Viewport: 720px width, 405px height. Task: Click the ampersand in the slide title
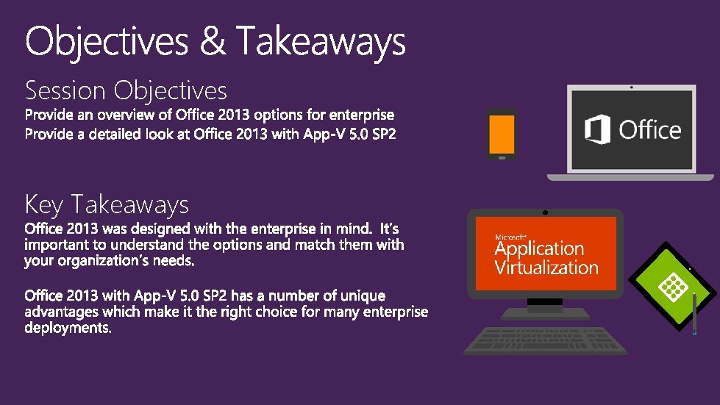point(213,41)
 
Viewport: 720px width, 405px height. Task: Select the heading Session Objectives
point(126,90)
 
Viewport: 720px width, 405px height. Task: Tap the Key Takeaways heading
point(107,204)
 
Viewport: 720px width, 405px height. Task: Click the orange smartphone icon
point(502,134)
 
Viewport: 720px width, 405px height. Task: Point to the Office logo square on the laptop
point(598,131)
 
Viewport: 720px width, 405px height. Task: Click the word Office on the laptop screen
point(649,131)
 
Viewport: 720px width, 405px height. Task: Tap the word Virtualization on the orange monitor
point(546,267)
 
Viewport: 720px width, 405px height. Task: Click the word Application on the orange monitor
point(539,249)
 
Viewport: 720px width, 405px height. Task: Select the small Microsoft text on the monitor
point(510,237)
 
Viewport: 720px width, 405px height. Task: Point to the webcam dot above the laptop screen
point(631,87)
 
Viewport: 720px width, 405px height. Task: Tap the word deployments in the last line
point(68,328)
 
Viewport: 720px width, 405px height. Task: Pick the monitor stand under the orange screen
point(545,309)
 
